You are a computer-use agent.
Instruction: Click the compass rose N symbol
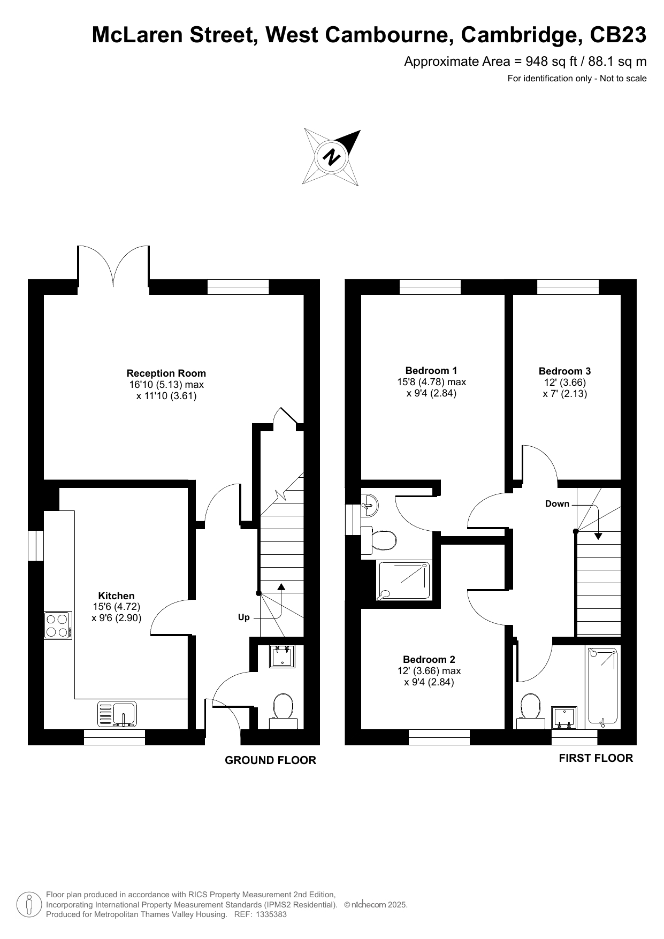[x=332, y=157]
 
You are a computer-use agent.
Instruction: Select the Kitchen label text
[x=117, y=596]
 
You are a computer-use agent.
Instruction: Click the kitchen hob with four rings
[x=58, y=625]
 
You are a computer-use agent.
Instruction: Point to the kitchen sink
[x=117, y=714]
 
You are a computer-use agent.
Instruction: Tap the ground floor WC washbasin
[x=283, y=656]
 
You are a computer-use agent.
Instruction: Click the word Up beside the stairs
[x=244, y=617]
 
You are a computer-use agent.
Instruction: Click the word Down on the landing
[x=557, y=504]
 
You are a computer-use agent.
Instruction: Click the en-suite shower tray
[x=404, y=581]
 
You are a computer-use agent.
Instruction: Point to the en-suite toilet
[x=379, y=540]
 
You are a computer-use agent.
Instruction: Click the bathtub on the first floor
[x=603, y=687]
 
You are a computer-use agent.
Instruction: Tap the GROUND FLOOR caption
[x=270, y=760]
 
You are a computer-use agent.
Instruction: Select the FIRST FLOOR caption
[x=596, y=758]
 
